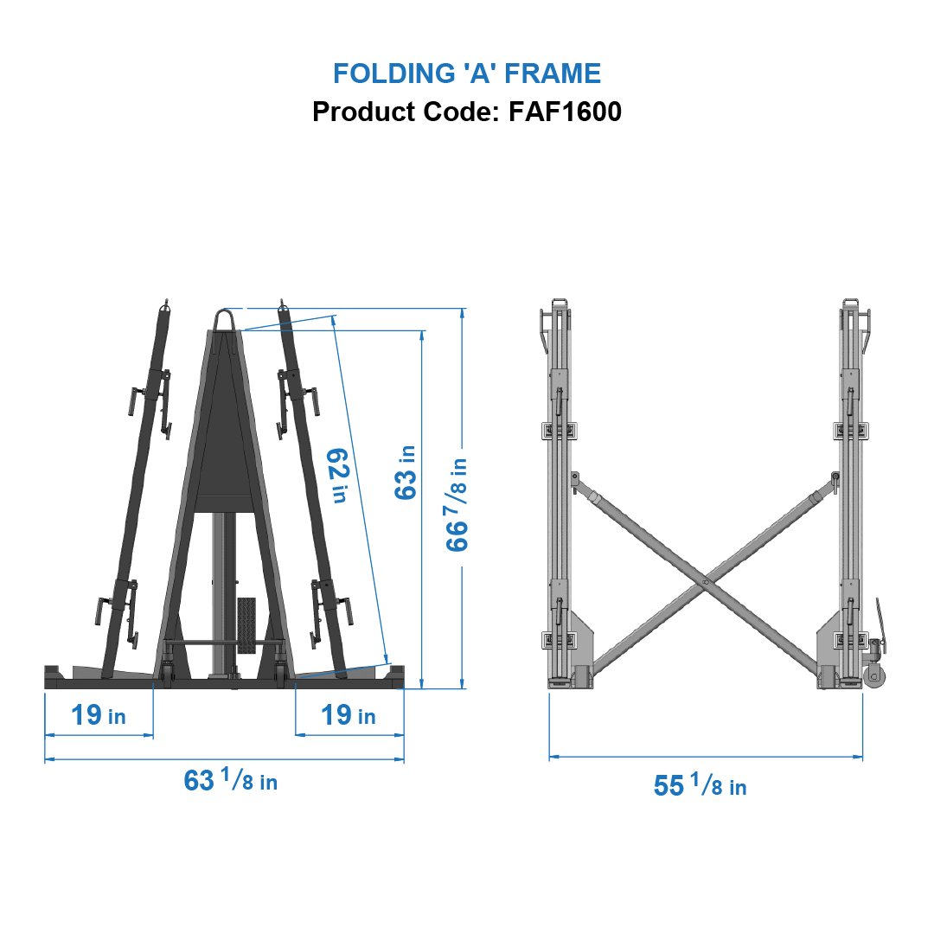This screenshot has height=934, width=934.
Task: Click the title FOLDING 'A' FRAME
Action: [x=467, y=74]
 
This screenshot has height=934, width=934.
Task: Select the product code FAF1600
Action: [x=565, y=112]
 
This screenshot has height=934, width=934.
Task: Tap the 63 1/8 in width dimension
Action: [x=230, y=780]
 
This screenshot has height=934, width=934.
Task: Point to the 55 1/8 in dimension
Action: [x=700, y=785]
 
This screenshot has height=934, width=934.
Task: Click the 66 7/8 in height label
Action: [x=457, y=505]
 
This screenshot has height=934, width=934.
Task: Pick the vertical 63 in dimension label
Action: [x=405, y=472]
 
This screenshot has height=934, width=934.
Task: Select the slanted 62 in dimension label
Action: [x=338, y=475]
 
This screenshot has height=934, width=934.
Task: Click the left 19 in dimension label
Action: [x=98, y=715]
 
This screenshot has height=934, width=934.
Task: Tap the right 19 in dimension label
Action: [x=349, y=715]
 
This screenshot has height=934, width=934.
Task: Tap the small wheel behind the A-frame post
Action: [x=246, y=623]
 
